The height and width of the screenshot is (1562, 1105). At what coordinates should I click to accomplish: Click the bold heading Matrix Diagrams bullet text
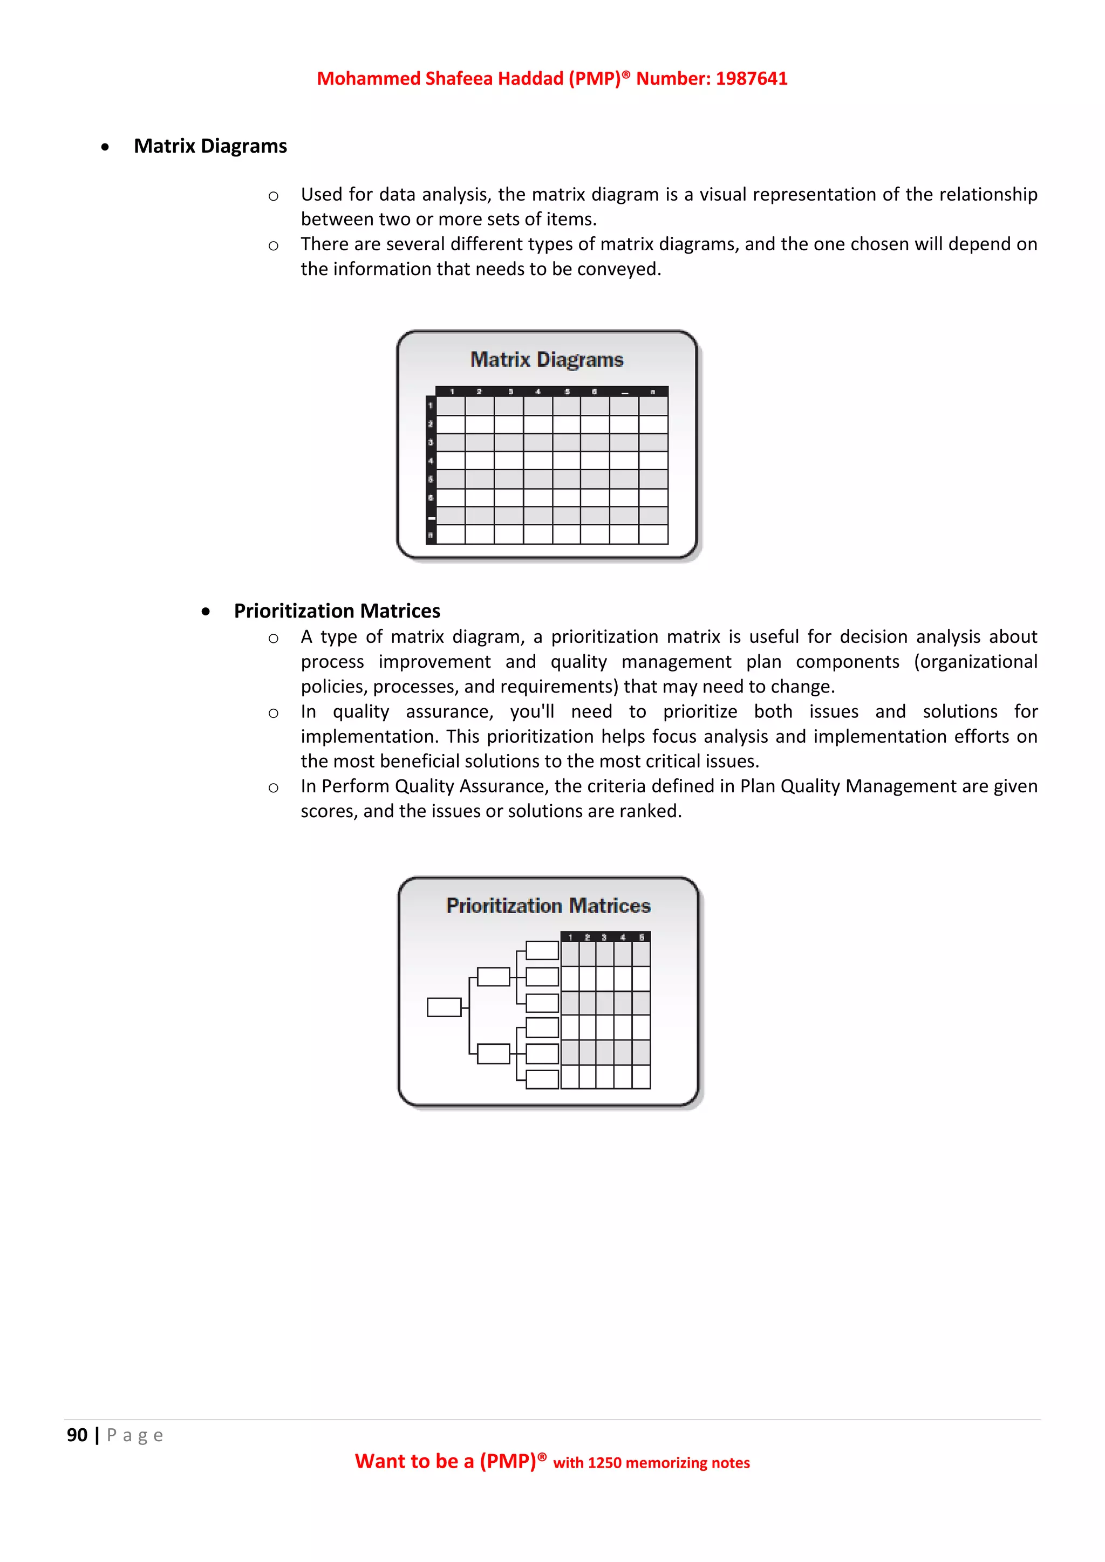click(x=210, y=146)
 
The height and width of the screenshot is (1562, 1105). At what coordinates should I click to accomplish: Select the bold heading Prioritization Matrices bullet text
click(x=337, y=611)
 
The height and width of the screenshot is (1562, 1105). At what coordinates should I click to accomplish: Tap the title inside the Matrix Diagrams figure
click(x=547, y=359)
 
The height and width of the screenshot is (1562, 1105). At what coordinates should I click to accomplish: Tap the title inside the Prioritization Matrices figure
click(x=548, y=906)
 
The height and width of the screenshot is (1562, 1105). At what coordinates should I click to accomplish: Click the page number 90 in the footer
click(x=77, y=1435)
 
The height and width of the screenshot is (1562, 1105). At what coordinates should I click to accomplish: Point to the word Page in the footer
click(x=135, y=1435)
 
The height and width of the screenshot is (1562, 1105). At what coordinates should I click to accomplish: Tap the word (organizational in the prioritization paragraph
click(x=975, y=662)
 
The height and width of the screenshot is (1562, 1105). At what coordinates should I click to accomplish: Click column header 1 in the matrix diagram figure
click(x=452, y=392)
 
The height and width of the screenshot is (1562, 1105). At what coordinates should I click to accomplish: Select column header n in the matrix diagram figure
click(x=652, y=392)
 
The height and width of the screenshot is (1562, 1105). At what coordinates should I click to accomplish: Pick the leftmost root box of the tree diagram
click(x=444, y=1007)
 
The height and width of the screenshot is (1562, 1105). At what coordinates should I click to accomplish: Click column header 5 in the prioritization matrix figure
click(x=641, y=937)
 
